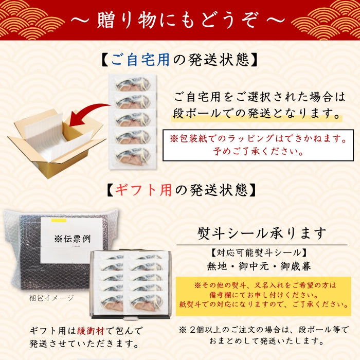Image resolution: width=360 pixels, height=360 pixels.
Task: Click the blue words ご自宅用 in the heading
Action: coord(140,60)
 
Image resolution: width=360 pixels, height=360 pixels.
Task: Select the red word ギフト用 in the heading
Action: coord(143,190)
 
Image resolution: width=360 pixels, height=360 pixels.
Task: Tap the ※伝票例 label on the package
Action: coord(73,239)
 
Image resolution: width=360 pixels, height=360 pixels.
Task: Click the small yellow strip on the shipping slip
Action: coord(59,221)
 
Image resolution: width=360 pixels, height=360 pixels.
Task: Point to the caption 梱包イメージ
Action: coord(51,298)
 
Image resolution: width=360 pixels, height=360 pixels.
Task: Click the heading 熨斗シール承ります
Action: coord(262,233)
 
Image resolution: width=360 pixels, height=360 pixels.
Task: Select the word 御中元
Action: coord(254,266)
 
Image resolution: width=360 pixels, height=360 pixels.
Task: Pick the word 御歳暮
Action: coord(296,266)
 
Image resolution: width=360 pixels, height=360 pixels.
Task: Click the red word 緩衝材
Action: coord(91,331)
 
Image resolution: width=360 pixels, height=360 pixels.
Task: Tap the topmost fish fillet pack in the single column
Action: coord(133,83)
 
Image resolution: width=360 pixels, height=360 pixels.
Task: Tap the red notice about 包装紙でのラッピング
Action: coord(258,145)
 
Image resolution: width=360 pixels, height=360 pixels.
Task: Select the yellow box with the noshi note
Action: coord(263,296)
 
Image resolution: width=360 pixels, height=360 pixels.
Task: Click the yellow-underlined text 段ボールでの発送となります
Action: coord(257,114)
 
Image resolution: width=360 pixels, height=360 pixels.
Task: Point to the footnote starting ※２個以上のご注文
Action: coord(263,335)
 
